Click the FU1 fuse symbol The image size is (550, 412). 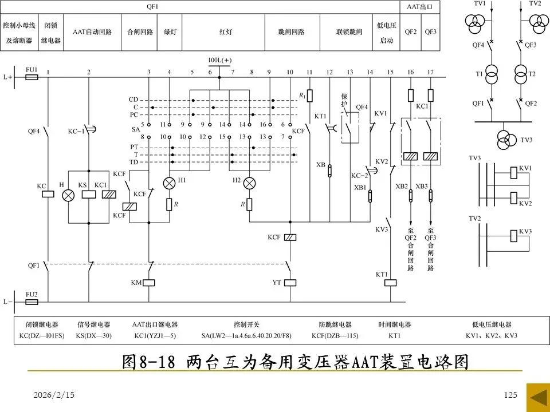tap(32, 76)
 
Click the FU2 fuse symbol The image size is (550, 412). tap(32, 301)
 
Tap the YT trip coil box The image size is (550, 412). tap(290, 282)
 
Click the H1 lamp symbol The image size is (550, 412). tap(170, 183)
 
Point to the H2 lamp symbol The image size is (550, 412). tap(249, 183)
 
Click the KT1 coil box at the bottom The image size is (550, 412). tap(390, 282)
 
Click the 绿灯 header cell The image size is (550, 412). tap(170, 31)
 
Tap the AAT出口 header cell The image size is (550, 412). tap(420, 7)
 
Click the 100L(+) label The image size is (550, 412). tap(220, 60)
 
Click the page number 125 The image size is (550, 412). tap(510, 395)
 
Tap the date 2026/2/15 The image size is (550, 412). tap(49, 395)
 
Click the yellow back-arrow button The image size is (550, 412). tap(537, 396)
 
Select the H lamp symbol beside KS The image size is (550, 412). tap(68, 195)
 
